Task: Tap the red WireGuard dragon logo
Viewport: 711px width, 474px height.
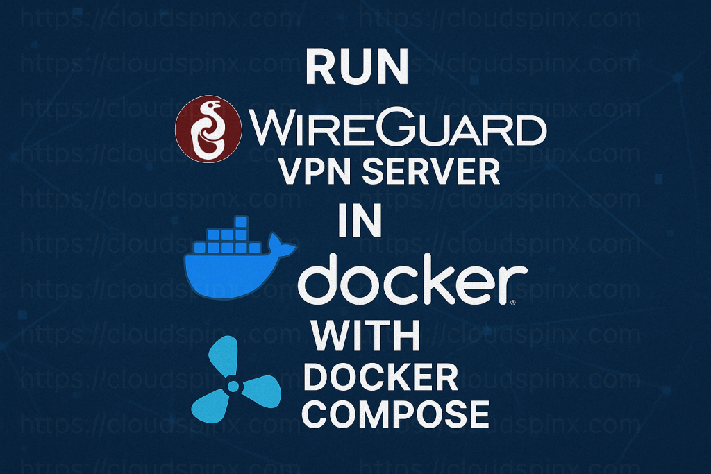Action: coord(208,128)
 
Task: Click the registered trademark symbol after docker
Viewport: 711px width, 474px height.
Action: coord(513,303)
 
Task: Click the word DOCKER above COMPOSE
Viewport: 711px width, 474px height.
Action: coord(381,378)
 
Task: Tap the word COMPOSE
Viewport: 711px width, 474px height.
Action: coord(398,414)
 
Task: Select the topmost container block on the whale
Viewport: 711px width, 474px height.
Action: coord(241,222)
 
